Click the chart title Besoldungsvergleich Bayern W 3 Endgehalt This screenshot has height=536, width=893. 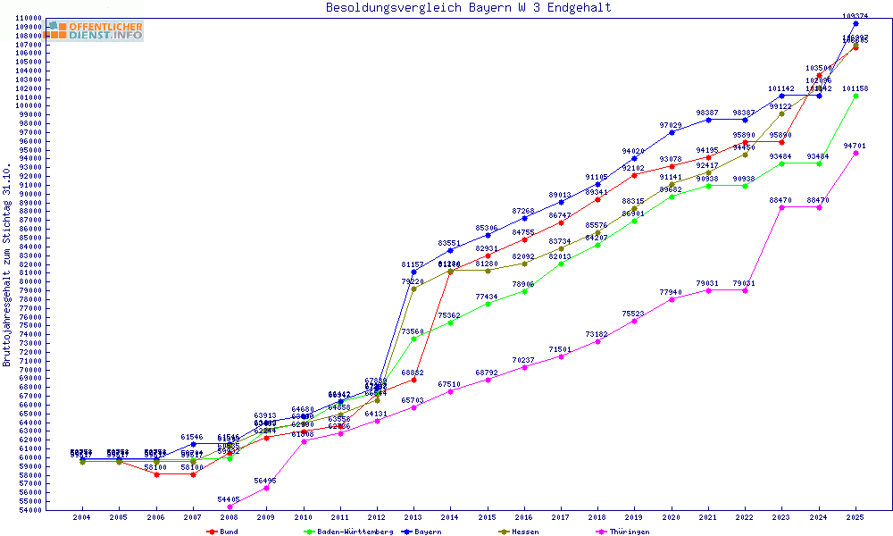469,8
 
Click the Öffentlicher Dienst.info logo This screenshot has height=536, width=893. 95,31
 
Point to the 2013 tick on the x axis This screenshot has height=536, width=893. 413,517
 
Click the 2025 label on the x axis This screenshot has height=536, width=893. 855,517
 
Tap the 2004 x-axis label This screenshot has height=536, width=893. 82,517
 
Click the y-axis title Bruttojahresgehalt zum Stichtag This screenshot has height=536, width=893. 7,265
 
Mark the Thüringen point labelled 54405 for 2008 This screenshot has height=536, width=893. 230,507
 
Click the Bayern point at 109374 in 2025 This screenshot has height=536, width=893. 855,23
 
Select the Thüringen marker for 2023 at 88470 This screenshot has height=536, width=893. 781,207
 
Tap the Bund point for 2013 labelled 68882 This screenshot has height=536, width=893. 413,380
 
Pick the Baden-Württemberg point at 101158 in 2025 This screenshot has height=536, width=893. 855,96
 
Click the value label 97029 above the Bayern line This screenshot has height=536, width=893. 671,125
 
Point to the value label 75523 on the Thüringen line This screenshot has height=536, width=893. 634,314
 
